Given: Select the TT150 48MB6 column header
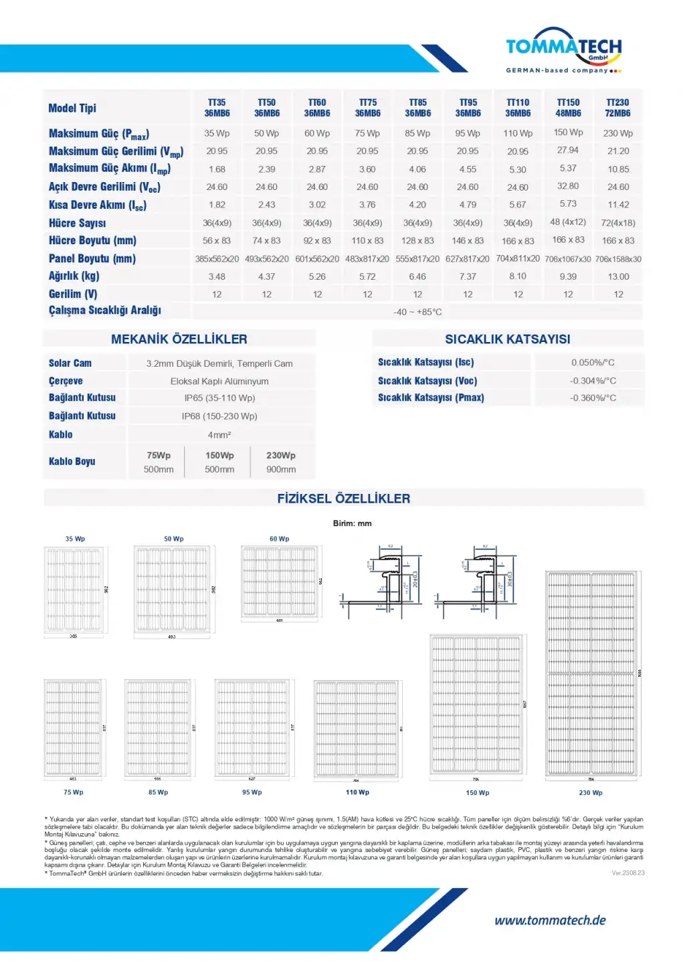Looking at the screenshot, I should point(568,108).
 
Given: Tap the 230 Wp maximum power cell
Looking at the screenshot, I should point(617,133).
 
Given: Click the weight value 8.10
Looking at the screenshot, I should point(518,276).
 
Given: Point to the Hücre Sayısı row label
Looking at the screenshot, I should point(77,223).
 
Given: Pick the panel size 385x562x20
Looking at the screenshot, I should point(217,258).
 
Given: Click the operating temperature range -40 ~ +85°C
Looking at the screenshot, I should point(417,312).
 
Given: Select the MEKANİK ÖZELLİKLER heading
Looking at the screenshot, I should point(179,339).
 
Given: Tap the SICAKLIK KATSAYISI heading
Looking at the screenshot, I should point(508,339).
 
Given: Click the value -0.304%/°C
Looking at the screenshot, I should point(593,380).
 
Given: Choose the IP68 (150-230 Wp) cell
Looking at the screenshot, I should point(219,416).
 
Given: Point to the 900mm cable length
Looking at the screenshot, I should point(281,469).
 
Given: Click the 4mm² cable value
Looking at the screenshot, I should point(219,434).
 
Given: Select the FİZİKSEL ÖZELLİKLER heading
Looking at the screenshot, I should point(344,499).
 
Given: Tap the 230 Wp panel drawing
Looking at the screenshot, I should point(591,674).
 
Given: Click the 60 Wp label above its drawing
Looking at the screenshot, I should point(280,539).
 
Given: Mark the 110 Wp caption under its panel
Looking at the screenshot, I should point(357,792).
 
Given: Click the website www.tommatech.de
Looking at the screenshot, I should point(550,920).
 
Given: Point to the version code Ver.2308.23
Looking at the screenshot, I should point(627,873).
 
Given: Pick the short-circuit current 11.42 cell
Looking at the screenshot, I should point(618,205).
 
